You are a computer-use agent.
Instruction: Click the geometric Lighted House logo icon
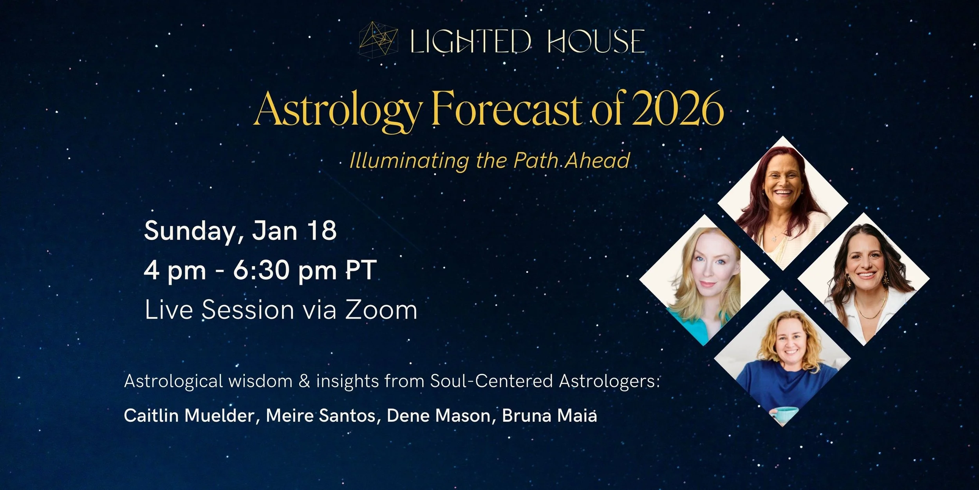coord(378,41)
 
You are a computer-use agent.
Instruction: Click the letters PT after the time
coord(361,270)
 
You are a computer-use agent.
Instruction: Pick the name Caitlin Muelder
coord(189,416)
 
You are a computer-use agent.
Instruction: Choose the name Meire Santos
coord(321,416)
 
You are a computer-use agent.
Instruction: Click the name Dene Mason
coord(438,416)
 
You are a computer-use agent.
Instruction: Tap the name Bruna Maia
coord(549,416)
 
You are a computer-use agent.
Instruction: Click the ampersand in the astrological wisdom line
coord(304,381)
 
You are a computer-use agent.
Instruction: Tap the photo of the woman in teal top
coord(704,280)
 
